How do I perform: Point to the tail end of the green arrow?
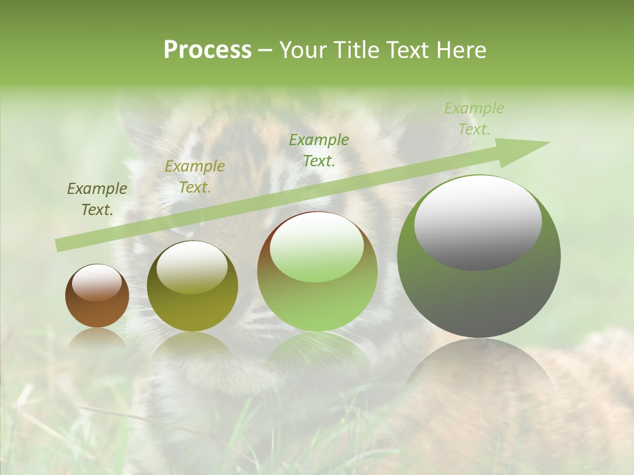point(59,245)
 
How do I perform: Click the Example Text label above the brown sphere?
point(96,199)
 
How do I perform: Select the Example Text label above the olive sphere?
point(194,177)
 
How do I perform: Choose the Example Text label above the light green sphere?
point(318,150)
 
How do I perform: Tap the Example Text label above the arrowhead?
point(474,119)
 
